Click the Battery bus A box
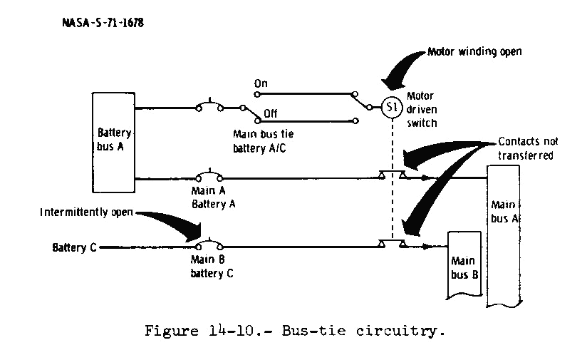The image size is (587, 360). [x=114, y=142]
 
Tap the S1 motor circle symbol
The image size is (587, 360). [x=391, y=108]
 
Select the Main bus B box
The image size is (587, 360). [x=464, y=264]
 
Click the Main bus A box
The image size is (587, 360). [x=502, y=235]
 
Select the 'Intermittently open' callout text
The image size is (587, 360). [x=89, y=212]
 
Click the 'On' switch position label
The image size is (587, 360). [x=261, y=83]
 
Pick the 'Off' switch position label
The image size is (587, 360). [x=270, y=113]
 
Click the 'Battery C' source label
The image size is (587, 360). [x=74, y=248]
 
